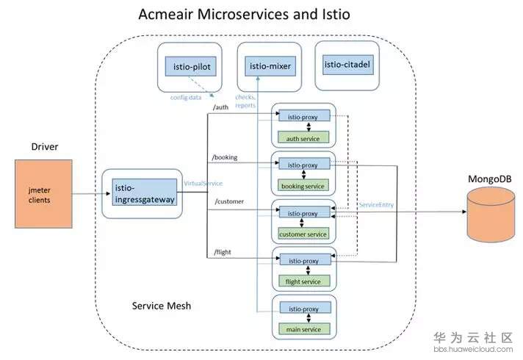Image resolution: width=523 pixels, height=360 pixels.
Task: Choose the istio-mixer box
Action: coord(270,66)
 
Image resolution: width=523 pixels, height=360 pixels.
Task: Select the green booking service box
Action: coord(303,185)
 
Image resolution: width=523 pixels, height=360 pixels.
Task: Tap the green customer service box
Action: coord(303,234)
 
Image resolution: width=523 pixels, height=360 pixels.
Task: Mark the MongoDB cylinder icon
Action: coord(491,212)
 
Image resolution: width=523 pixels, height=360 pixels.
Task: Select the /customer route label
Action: coord(229,201)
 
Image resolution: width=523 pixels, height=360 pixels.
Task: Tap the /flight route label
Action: coord(223,252)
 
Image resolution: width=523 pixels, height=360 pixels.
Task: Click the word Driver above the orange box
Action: coord(44,147)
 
